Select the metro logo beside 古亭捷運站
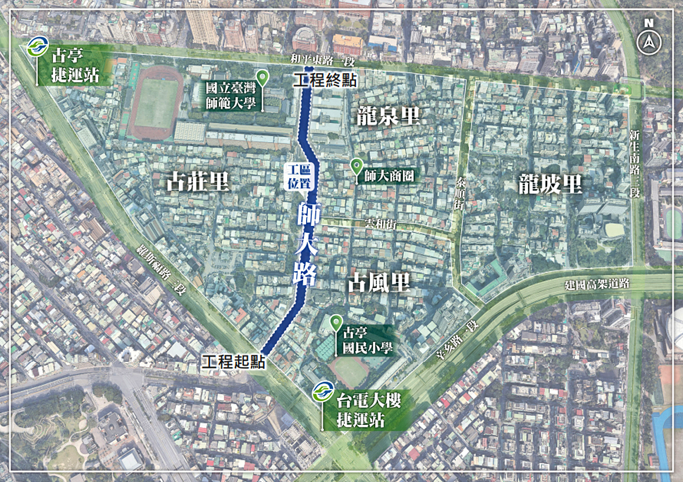click(37, 47)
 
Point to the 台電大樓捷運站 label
click(369, 410)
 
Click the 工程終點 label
click(325, 80)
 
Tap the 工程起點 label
click(233, 362)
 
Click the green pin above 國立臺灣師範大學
click(263, 77)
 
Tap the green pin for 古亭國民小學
click(336, 322)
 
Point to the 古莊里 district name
click(197, 183)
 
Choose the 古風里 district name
click(379, 283)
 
